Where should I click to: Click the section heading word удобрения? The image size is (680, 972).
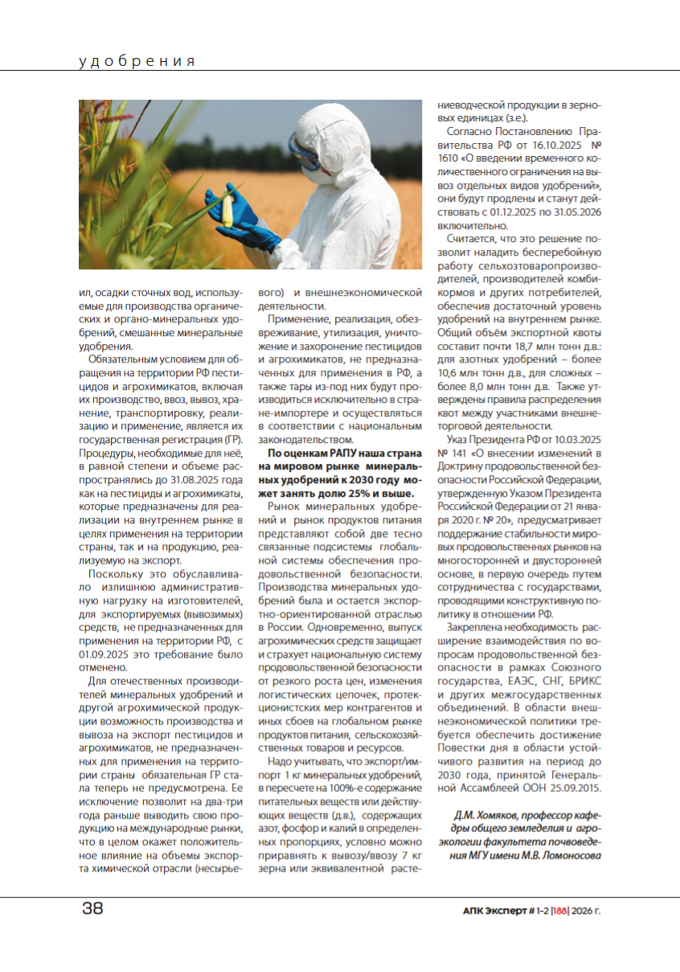(x=137, y=61)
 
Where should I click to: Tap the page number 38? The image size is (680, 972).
(x=92, y=908)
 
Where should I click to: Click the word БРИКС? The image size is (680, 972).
(x=581, y=680)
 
